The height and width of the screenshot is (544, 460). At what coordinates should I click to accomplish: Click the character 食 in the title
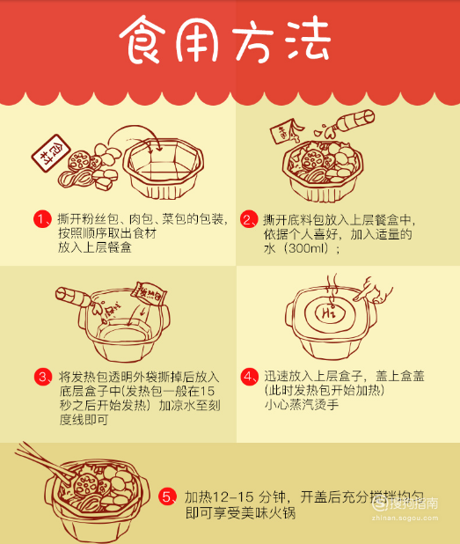coord(144,39)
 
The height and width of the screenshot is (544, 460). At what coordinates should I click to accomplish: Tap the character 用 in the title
coord(200,40)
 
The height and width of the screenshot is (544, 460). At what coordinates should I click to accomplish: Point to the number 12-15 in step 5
coord(227,496)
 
